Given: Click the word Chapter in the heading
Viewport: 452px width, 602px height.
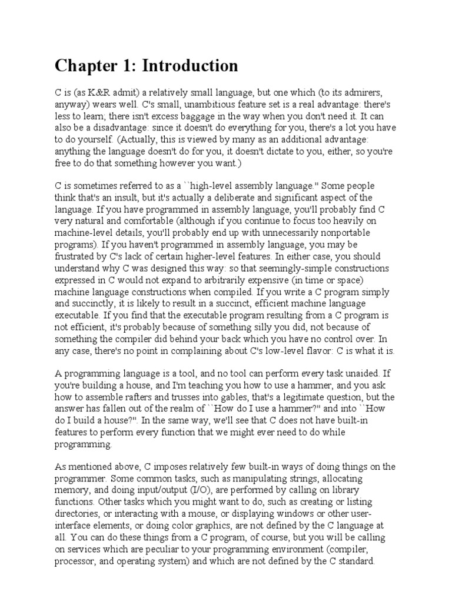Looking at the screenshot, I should click(x=83, y=66).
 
